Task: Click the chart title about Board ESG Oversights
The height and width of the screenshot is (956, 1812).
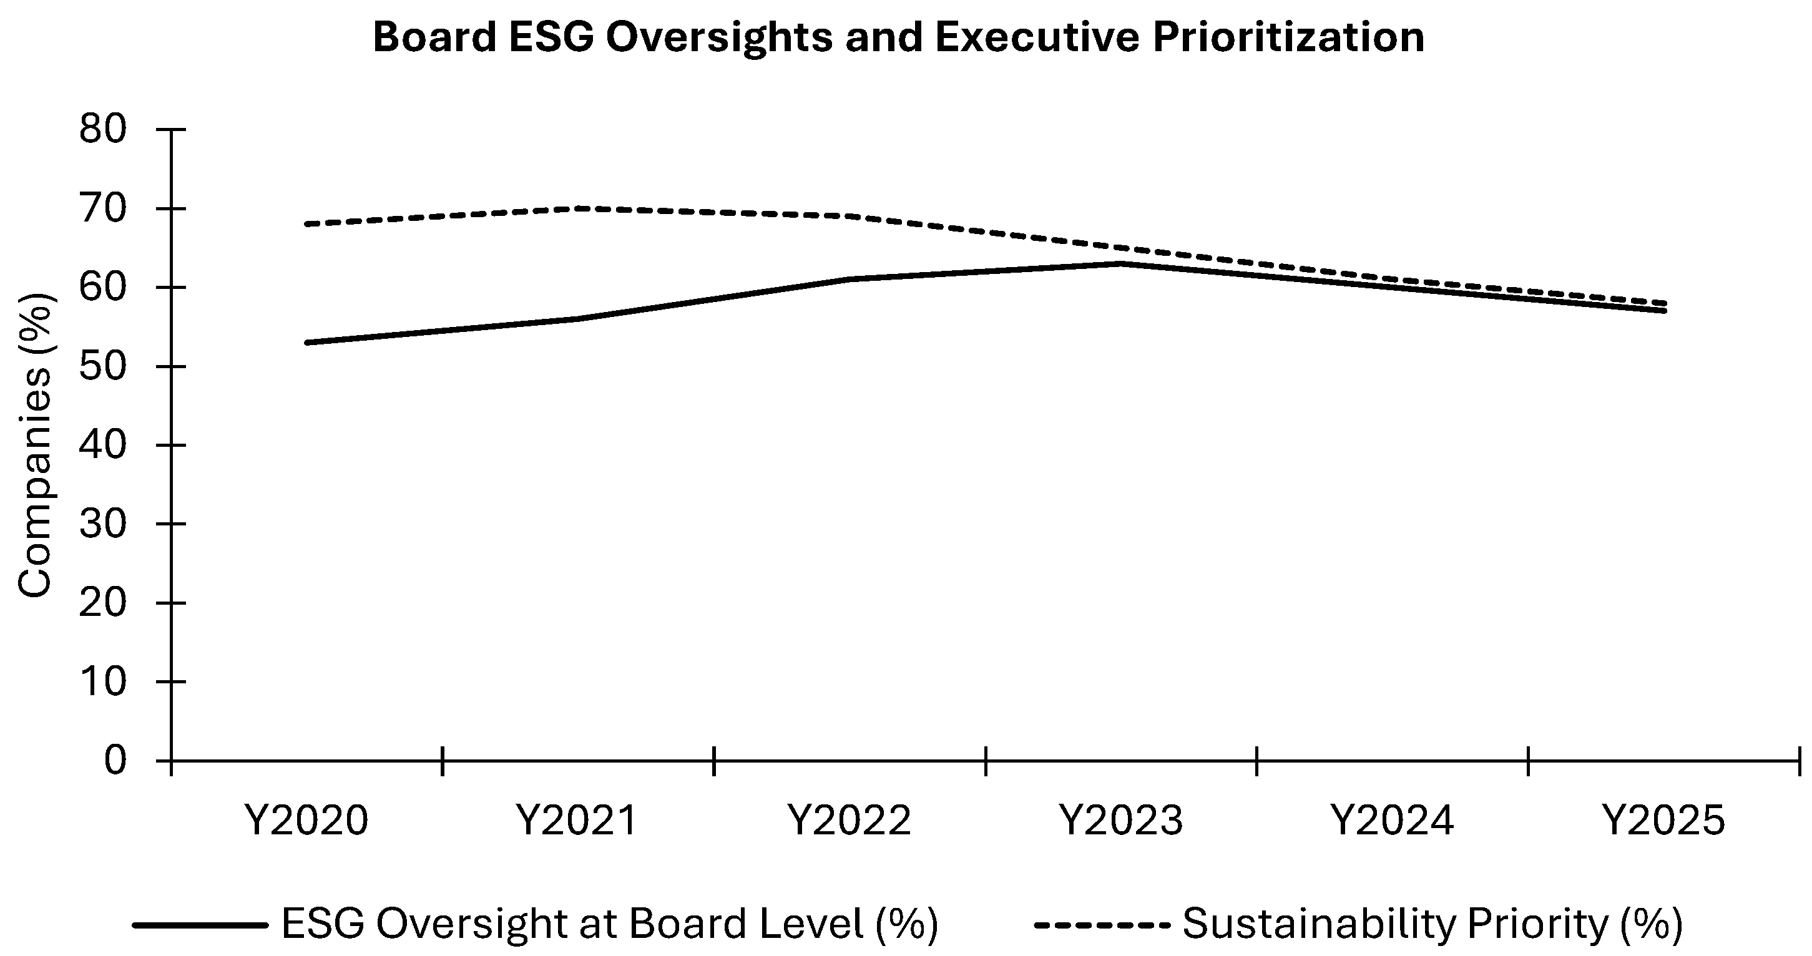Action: tap(898, 37)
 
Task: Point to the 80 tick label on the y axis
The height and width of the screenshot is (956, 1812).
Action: tap(103, 130)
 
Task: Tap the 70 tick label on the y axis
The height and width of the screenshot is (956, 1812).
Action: tap(103, 209)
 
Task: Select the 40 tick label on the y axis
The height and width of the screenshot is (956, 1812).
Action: tap(103, 446)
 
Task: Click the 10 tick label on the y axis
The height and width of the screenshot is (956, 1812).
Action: tap(103, 681)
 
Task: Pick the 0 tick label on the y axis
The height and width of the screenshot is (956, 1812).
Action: tap(115, 761)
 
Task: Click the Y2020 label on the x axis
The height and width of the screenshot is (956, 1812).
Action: tap(306, 820)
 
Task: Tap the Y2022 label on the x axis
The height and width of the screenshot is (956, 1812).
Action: tap(850, 820)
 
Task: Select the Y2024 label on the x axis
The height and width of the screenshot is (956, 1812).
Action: tap(1393, 820)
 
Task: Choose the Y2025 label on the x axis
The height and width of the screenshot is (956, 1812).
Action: tap(1664, 820)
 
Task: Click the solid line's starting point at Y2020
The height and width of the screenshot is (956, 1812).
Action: tap(306, 343)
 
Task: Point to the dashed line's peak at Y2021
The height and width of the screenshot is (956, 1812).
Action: tap(578, 208)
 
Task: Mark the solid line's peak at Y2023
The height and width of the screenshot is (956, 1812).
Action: tap(1121, 264)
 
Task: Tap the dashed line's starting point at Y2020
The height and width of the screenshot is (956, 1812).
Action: tap(306, 225)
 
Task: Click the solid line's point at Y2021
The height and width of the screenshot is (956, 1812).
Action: tap(578, 319)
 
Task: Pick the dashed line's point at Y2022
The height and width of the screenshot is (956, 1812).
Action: tap(850, 217)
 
